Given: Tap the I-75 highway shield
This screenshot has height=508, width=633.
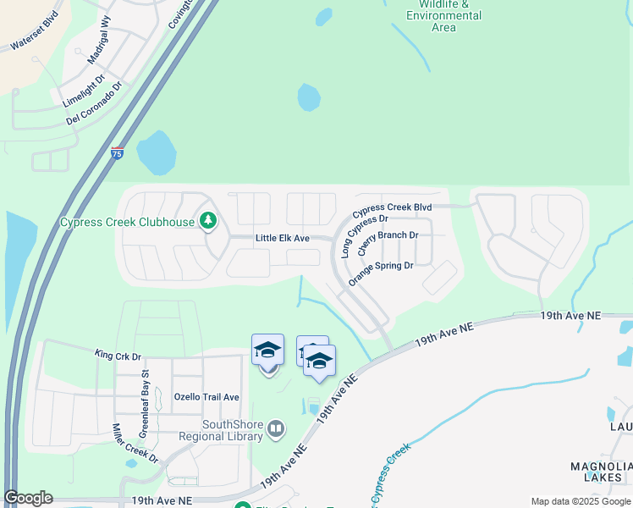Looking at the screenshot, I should click(117, 153).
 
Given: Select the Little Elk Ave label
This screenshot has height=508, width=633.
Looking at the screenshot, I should click(282, 239).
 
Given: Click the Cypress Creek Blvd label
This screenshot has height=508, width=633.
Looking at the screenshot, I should click(392, 207).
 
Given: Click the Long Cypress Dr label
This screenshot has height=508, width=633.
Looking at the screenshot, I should click(357, 235).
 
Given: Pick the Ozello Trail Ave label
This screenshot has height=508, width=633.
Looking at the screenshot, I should click(206, 397).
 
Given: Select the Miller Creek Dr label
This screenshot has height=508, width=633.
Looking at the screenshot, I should click(135, 444).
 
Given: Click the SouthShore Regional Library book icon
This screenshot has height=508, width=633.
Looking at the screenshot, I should click(276, 430).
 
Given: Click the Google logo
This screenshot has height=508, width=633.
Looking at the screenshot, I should click(28, 498).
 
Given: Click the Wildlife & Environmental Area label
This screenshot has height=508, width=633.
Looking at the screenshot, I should click(443, 16).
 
